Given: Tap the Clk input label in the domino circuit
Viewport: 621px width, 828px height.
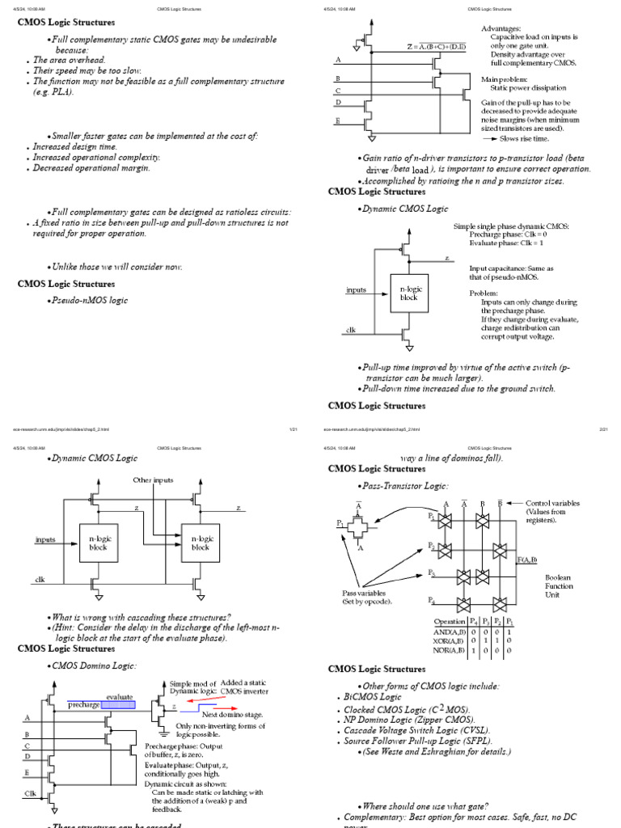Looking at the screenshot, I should pyautogui.click(x=30, y=793).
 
